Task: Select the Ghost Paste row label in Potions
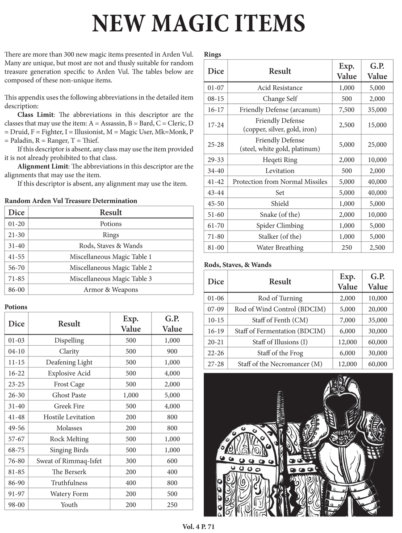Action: (x=69, y=395)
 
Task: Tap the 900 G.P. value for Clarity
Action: (x=172, y=351)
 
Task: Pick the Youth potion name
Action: (x=69, y=505)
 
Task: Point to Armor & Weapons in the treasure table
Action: (x=111, y=289)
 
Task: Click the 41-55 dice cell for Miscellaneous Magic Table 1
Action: (x=18, y=257)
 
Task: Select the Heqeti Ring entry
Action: (x=280, y=160)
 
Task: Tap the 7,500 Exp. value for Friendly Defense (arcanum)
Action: (x=347, y=110)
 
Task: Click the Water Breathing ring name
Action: (x=280, y=248)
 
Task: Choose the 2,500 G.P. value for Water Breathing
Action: (x=377, y=248)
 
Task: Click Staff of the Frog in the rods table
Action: (x=280, y=353)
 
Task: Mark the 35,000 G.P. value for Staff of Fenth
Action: (x=377, y=320)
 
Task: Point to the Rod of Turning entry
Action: (x=280, y=298)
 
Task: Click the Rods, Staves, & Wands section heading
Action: (x=237, y=265)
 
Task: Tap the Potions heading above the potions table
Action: (x=16, y=307)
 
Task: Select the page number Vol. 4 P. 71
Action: (x=199, y=527)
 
